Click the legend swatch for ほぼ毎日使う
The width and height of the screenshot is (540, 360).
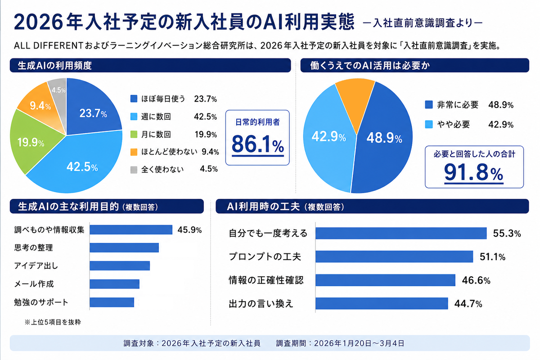133,99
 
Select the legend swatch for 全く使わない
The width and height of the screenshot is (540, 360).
133,169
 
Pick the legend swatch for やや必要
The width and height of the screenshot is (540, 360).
429,124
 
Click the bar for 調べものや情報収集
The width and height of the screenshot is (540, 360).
131,229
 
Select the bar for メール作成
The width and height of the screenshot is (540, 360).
114,284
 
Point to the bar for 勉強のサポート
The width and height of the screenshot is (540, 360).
112,302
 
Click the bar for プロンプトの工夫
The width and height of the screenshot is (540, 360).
394,256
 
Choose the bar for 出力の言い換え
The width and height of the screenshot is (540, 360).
382,303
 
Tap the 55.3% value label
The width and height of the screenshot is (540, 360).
507,234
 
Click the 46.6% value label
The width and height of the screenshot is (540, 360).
476,280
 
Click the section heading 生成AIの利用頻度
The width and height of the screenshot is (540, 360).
55,65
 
